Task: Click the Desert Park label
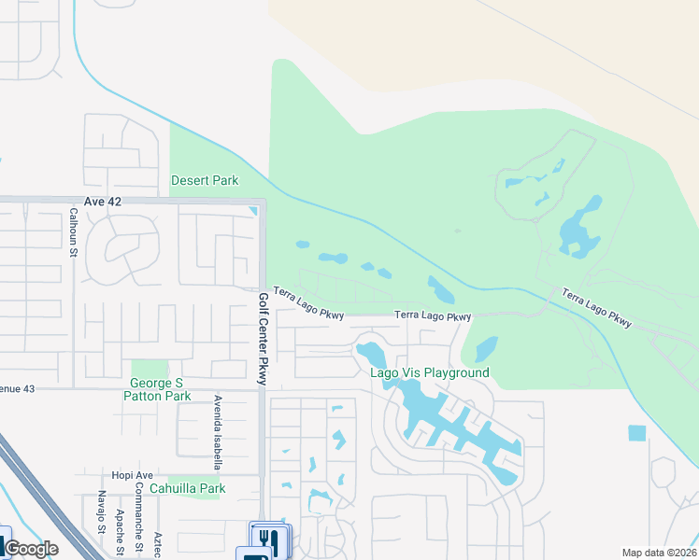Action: coord(204,180)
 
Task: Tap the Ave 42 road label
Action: coord(101,202)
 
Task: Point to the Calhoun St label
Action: coord(72,231)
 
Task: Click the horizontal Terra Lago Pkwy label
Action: coord(432,316)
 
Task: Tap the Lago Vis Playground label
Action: coord(430,372)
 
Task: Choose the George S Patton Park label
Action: coord(156,389)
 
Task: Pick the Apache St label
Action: coord(120,527)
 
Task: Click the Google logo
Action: coord(32,549)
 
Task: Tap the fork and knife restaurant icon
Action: coord(267,539)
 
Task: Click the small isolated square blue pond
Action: coord(636,433)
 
